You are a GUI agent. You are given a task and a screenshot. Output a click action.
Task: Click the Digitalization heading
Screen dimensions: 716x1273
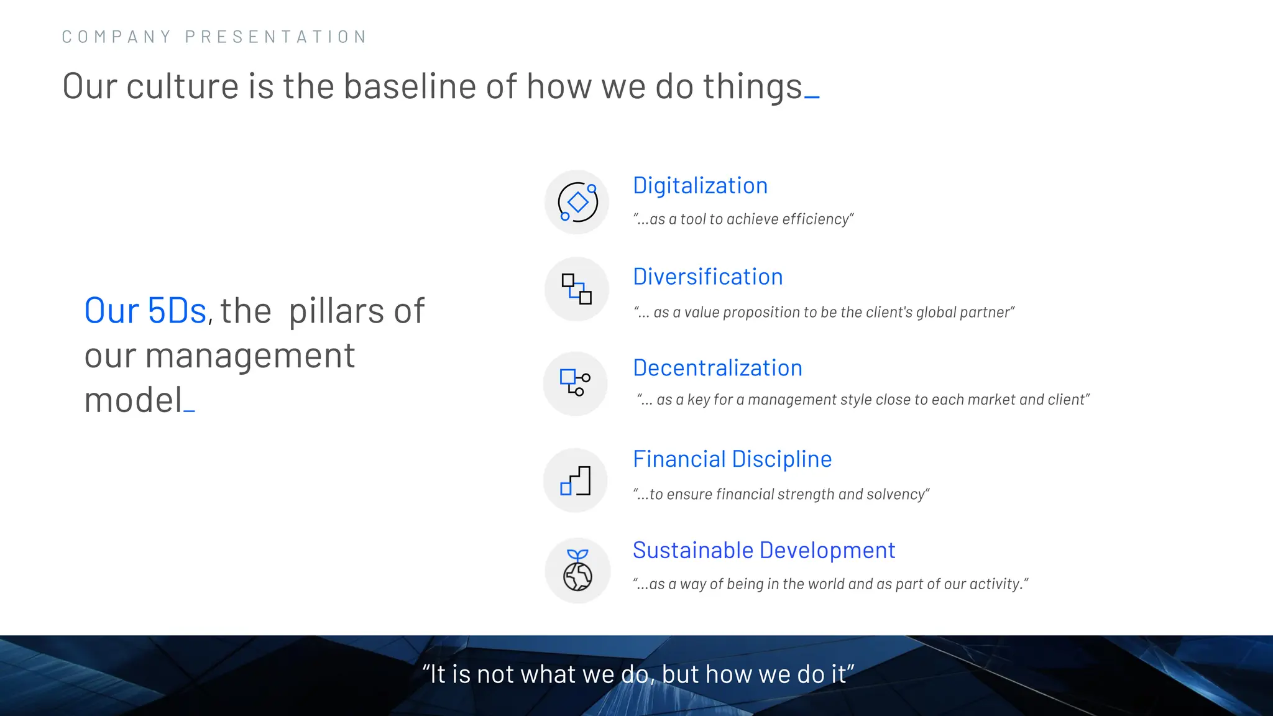click(700, 186)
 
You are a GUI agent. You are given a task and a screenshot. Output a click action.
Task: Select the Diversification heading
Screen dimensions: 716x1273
click(707, 277)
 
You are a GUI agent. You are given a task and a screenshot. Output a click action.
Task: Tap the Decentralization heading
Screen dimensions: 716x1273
click(717, 368)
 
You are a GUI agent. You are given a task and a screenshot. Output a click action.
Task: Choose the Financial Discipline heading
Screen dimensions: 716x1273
click(732, 459)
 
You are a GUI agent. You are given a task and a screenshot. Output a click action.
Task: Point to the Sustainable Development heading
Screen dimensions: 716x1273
click(763, 551)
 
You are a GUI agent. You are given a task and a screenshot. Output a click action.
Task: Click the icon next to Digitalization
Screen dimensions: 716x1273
click(577, 202)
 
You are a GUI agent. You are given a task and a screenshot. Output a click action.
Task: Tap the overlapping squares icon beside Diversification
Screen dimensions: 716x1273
click(576, 289)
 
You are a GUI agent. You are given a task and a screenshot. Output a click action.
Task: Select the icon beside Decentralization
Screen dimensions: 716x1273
click(575, 383)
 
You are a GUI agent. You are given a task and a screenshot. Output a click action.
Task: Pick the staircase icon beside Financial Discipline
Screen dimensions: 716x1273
click(575, 480)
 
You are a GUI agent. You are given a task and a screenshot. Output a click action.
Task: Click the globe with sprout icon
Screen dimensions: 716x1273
click(577, 571)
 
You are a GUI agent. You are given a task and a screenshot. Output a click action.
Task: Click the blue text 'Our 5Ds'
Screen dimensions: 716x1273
click(145, 311)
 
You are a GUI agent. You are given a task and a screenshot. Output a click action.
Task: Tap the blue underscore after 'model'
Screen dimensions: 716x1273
click(190, 410)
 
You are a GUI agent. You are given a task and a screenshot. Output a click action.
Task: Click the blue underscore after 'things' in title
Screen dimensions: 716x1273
click(812, 96)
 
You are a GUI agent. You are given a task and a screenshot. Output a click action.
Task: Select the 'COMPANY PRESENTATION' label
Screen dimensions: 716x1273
click(214, 37)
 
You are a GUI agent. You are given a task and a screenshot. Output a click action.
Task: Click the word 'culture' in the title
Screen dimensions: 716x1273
click(183, 86)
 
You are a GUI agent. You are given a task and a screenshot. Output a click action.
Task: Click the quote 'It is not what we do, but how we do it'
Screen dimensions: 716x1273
click(638, 674)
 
